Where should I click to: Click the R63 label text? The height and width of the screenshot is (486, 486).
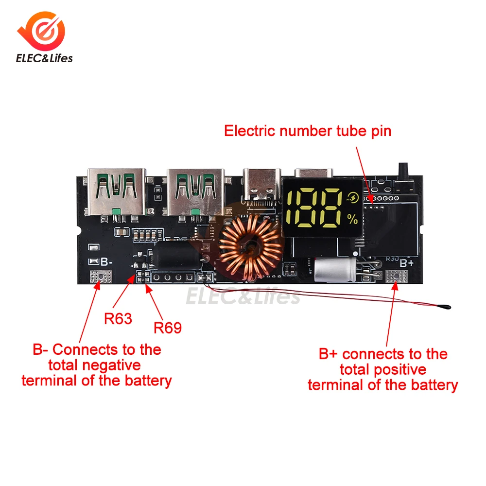click(118, 319)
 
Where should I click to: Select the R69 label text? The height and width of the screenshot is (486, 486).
click(168, 328)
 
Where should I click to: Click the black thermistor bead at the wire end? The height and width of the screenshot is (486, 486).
click(445, 306)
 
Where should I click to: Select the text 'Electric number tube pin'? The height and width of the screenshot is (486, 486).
click(307, 131)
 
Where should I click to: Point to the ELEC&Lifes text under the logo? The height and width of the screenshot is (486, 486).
click(44, 58)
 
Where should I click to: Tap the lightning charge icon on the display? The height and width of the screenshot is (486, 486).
click(352, 198)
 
